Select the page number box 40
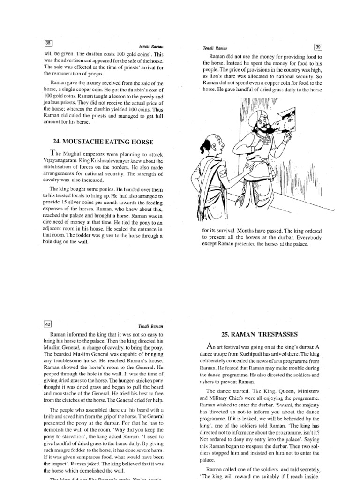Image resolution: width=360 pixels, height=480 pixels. coord(47,323)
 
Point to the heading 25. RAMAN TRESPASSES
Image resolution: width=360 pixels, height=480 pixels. coord(259,334)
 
